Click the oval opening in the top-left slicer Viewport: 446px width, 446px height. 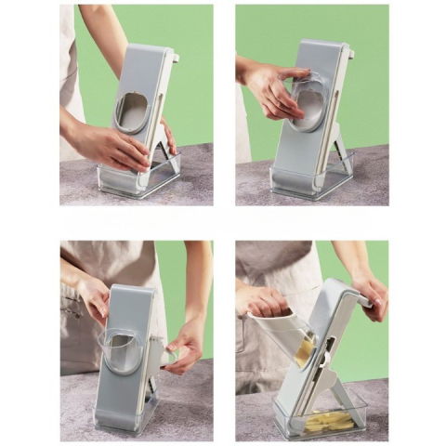(132, 112)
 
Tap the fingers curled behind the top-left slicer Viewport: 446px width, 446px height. (168, 135)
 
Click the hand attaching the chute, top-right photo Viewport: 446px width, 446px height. (272, 89)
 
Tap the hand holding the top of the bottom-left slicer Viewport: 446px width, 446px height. (92, 297)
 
